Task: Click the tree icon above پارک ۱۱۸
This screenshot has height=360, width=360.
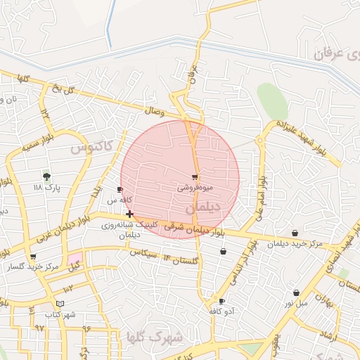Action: point(46,176)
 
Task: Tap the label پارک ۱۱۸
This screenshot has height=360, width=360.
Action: point(48,188)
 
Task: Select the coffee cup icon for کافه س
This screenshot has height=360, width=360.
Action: point(120,190)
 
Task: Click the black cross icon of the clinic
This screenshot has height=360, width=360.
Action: point(129,214)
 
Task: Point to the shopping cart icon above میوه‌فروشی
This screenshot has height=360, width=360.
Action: point(195,177)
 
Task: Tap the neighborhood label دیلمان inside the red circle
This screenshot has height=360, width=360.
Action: point(204,209)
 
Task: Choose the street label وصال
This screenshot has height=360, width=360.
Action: point(155,110)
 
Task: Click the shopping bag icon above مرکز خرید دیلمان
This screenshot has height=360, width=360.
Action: point(295,233)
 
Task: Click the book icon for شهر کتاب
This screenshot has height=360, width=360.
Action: point(60,303)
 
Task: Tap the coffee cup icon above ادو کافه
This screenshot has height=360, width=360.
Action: point(221,301)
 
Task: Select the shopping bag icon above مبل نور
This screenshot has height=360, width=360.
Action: point(296,292)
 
